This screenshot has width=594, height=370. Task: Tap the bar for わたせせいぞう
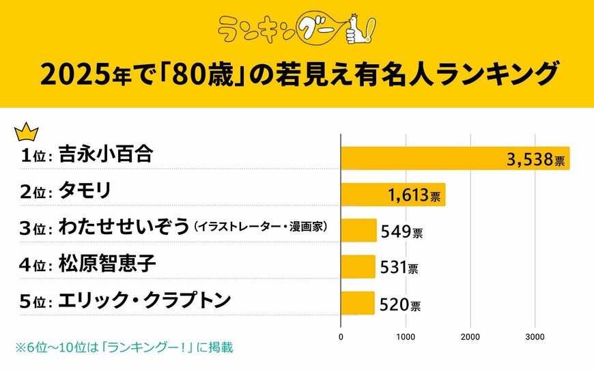pyautogui.click(x=358, y=230)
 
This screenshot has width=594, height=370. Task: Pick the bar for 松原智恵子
pyautogui.click(x=357, y=266)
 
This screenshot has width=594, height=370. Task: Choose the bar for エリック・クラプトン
pyautogui.click(x=357, y=302)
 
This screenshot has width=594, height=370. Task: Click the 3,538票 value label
pyautogui.click(x=535, y=161)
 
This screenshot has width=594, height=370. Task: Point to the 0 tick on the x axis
pyautogui.click(x=341, y=336)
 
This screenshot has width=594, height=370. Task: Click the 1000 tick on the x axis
pyautogui.click(x=406, y=336)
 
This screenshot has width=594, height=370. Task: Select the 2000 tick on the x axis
pyautogui.click(x=470, y=336)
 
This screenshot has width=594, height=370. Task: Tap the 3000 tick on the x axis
pyautogui.click(x=535, y=336)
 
